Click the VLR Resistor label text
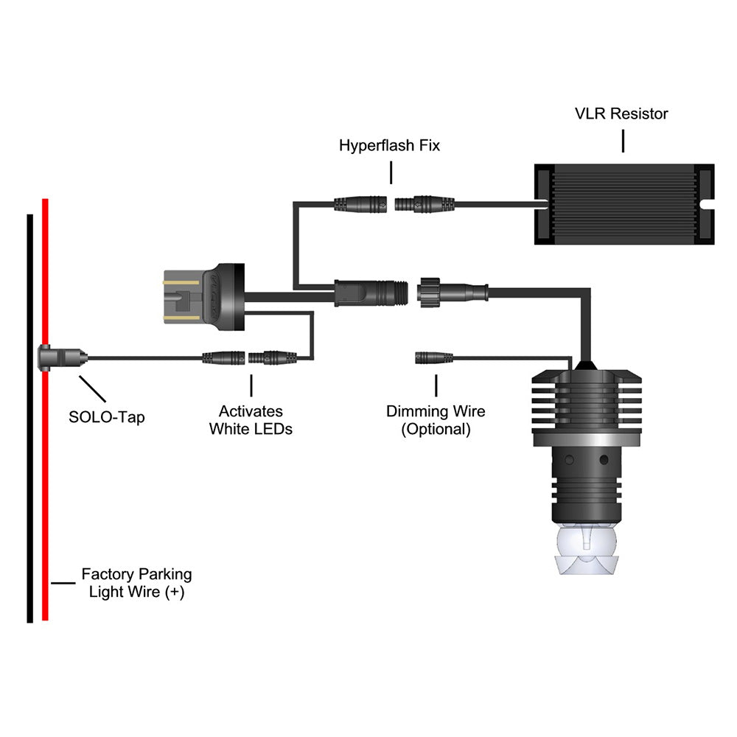click(621, 113)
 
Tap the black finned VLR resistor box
click(622, 203)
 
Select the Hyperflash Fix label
click(389, 145)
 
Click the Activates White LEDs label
click(251, 420)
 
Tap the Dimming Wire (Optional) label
click(436, 420)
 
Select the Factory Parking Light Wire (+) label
click(136, 582)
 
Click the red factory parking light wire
click(45, 479)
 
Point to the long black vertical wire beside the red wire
click(29, 479)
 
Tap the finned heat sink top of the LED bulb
click(587, 402)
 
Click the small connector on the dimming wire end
click(435, 359)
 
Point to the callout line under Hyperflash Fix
click(391, 173)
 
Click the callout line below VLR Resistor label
click(623, 141)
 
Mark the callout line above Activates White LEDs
click(251, 385)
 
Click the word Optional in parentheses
click(436, 430)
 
